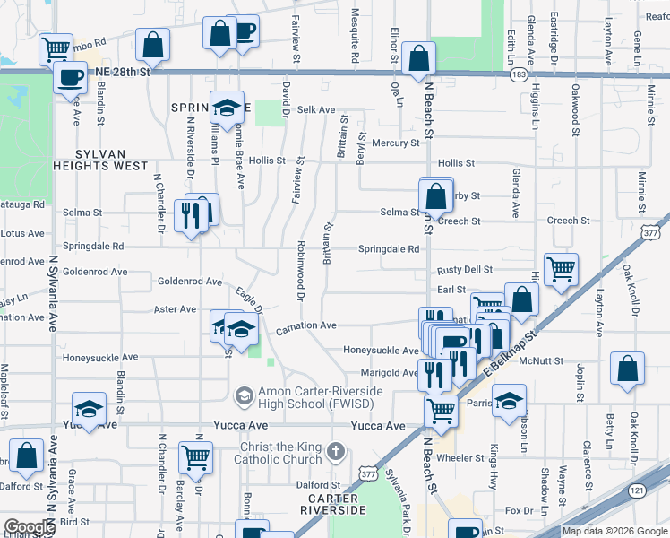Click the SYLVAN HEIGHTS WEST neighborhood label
click(x=100, y=160)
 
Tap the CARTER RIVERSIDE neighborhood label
click(x=332, y=504)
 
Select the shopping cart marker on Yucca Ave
click(x=441, y=411)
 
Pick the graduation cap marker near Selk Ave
click(x=228, y=108)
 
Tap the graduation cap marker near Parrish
click(x=509, y=400)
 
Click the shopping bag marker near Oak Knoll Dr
click(x=628, y=368)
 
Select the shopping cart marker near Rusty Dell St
click(x=561, y=268)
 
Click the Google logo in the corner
click(x=30, y=527)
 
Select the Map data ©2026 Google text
click(x=614, y=531)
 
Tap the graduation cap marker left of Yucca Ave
click(x=90, y=411)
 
